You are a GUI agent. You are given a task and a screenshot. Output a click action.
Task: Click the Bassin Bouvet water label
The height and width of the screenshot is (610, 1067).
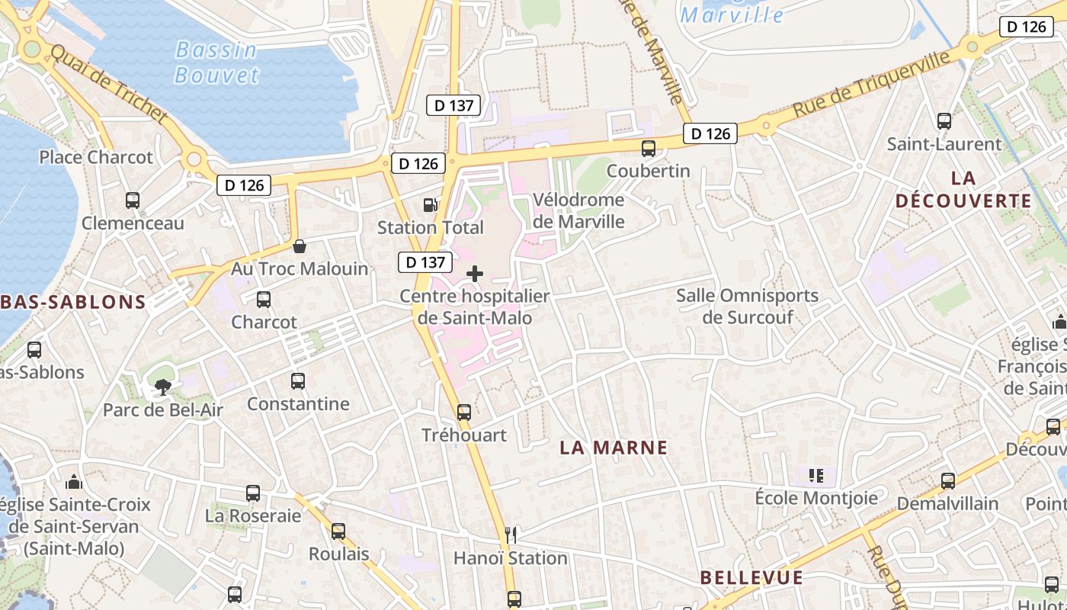tap(217, 63)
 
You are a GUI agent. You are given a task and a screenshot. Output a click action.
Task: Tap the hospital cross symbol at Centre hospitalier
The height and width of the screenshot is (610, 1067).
tap(475, 274)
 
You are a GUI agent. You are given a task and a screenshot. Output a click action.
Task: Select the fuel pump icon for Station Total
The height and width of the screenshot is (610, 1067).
tap(431, 204)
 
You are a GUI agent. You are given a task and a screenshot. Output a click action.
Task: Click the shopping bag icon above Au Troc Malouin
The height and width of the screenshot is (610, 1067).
tap(300, 246)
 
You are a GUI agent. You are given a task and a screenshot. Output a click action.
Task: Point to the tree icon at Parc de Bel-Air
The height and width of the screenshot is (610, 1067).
tap(162, 387)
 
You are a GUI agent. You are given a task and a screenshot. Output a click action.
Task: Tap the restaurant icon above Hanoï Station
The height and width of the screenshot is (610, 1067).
tap(511, 535)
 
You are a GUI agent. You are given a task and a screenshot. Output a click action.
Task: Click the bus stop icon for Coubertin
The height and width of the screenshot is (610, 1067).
tap(649, 149)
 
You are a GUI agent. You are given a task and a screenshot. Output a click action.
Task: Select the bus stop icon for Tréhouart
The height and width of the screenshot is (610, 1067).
tap(464, 413)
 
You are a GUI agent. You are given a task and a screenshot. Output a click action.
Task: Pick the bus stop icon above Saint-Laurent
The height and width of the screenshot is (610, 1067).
tap(944, 121)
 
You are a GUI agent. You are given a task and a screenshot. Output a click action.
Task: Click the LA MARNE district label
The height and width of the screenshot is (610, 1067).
tap(614, 448)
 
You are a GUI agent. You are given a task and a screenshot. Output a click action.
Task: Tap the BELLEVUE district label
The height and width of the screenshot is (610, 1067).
tap(751, 577)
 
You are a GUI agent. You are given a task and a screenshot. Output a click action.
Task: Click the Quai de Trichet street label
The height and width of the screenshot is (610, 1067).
tap(108, 85)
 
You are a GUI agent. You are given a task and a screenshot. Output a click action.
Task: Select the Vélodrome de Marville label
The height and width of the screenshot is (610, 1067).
tap(578, 210)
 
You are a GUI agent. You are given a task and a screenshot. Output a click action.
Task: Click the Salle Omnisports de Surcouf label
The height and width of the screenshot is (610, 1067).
tap(747, 306)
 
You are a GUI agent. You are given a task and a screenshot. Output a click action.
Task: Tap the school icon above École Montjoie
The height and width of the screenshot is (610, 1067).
tap(816, 477)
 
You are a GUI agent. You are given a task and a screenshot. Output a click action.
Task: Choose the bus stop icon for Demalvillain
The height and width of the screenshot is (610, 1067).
tap(948, 481)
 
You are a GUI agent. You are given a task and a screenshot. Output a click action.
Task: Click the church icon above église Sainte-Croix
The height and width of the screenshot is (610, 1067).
tap(74, 482)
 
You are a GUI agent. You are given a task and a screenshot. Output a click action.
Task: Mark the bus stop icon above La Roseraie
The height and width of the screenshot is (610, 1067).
tap(253, 493)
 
